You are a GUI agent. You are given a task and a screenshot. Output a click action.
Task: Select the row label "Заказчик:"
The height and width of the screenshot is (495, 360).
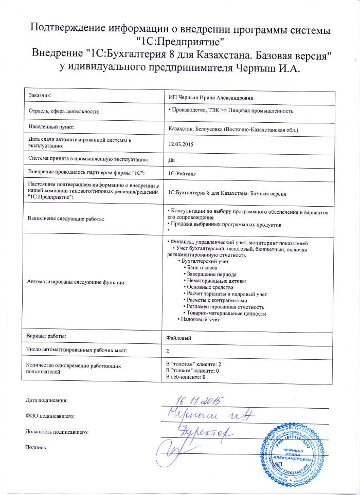coord(41,95)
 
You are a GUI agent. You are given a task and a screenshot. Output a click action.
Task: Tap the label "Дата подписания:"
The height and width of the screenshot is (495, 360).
coord(47,399)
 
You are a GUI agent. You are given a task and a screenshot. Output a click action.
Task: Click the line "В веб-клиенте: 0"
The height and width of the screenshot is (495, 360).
coord(184,377)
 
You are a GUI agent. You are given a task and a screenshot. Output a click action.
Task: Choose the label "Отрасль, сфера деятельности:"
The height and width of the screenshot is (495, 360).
coord(63,111)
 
